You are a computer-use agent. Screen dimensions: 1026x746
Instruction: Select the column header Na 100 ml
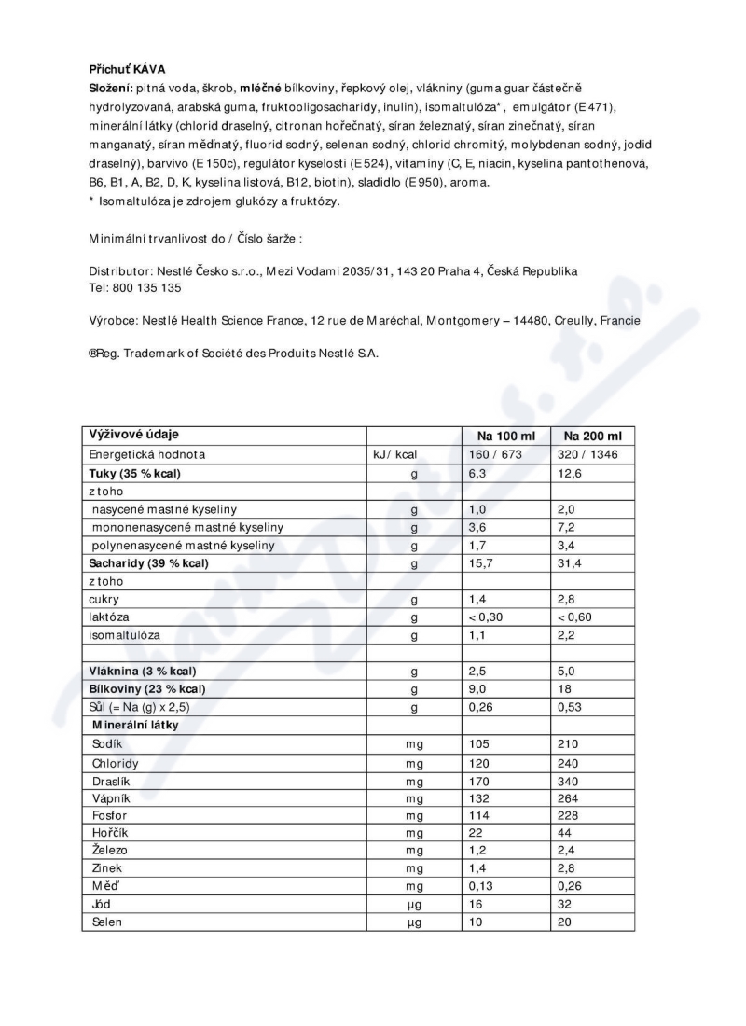[x=504, y=437]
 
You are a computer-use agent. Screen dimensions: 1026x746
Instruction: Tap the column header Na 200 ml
[x=592, y=437]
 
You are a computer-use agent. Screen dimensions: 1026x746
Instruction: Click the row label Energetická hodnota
[x=146, y=455]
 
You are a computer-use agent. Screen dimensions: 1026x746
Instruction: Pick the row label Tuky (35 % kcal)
[x=134, y=473]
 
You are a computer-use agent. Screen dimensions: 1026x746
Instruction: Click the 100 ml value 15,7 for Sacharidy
[x=480, y=562]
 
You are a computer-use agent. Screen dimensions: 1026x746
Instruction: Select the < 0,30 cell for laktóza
[x=486, y=617]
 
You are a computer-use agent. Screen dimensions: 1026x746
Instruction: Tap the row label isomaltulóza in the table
[x=124, y=634]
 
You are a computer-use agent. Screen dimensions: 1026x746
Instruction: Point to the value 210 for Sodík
[x=567, y=743]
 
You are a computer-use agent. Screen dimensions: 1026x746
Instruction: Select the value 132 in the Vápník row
[x=478, y=797]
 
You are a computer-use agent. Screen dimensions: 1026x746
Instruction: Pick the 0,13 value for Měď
[x=480, y=887]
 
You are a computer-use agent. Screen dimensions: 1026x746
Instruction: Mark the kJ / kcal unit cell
[x=394, y=455]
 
